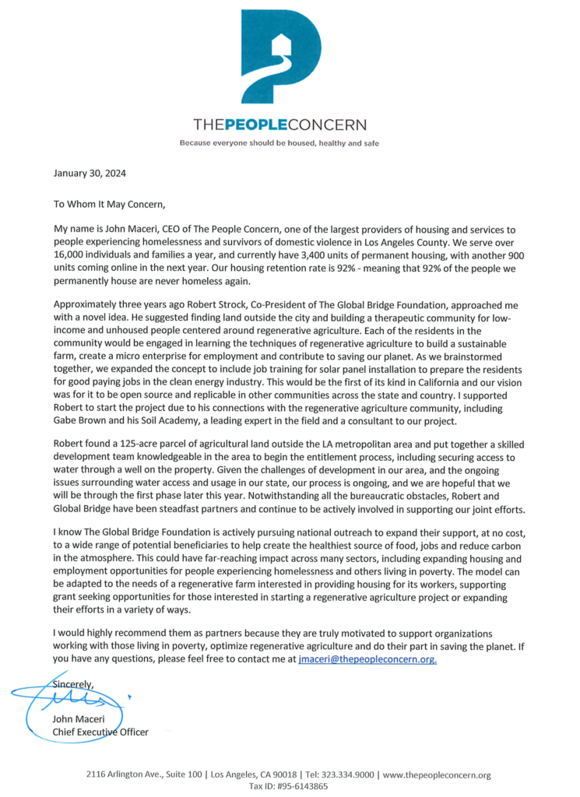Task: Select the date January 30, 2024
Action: point(90,175)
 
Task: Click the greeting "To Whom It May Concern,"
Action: point(110,205)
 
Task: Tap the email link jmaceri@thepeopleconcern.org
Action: point(367,659)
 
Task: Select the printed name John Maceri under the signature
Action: point(80,720)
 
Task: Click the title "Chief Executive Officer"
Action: point(100,732)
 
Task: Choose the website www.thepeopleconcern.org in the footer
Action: point(438,775)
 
